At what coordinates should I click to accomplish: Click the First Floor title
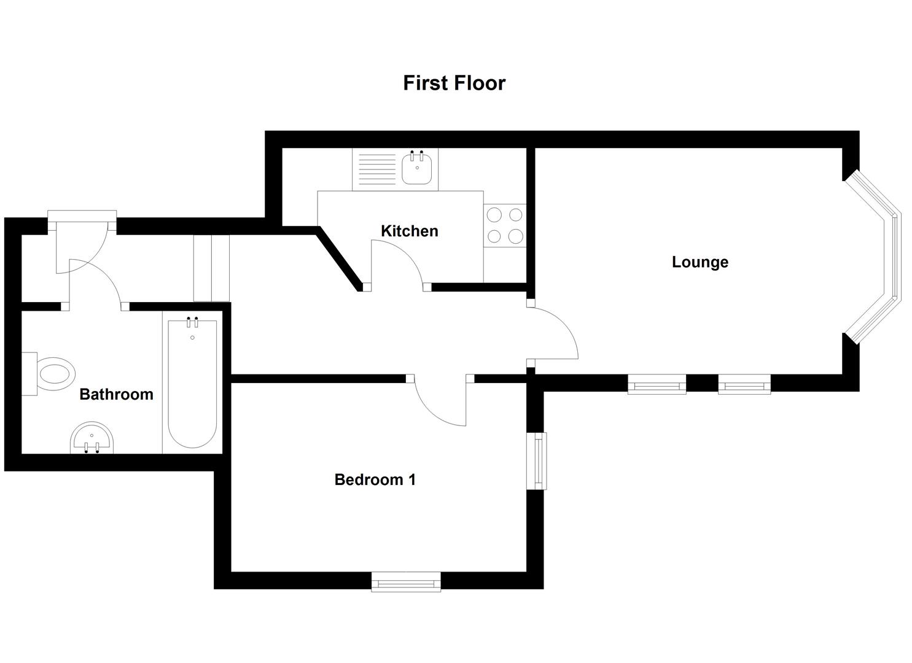coord(454,83)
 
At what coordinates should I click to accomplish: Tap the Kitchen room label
coord(410,231)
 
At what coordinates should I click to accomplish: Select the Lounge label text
coord(700,262)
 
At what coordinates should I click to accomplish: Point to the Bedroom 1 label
coord(375,479)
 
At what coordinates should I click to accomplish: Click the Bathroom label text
coord(116,394)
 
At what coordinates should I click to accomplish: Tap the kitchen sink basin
coord(417,168)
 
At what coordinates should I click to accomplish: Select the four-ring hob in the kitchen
coord(505,225)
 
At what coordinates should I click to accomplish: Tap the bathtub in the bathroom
coord(192,384)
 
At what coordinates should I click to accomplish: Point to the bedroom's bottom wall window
coord(406,581)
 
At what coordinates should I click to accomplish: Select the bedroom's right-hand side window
coord(538,461)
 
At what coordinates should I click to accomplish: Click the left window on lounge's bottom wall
coord(657,385)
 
